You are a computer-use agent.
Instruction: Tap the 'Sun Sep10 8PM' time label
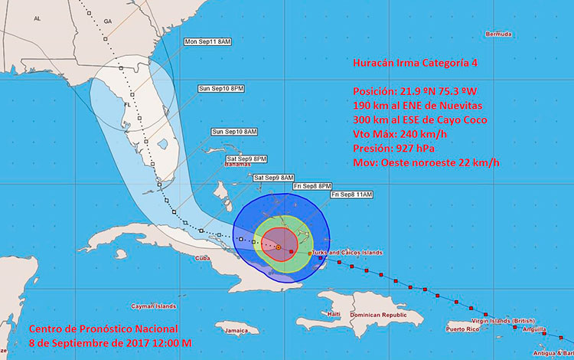(221, 89)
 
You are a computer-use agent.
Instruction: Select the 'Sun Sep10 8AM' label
(234, 133)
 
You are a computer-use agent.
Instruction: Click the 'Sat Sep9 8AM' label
(274, 178)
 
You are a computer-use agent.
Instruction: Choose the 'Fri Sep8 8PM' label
(311, 186)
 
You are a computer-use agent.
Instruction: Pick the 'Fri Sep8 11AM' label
(351, 195)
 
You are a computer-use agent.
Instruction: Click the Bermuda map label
(497, 34)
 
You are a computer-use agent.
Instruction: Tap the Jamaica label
(236, 331)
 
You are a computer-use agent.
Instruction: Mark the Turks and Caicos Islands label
(348, 253)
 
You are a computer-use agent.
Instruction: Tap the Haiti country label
(333, 315)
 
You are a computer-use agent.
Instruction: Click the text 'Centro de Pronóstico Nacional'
(92, 329)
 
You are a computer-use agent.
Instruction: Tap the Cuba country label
(203, 259)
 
